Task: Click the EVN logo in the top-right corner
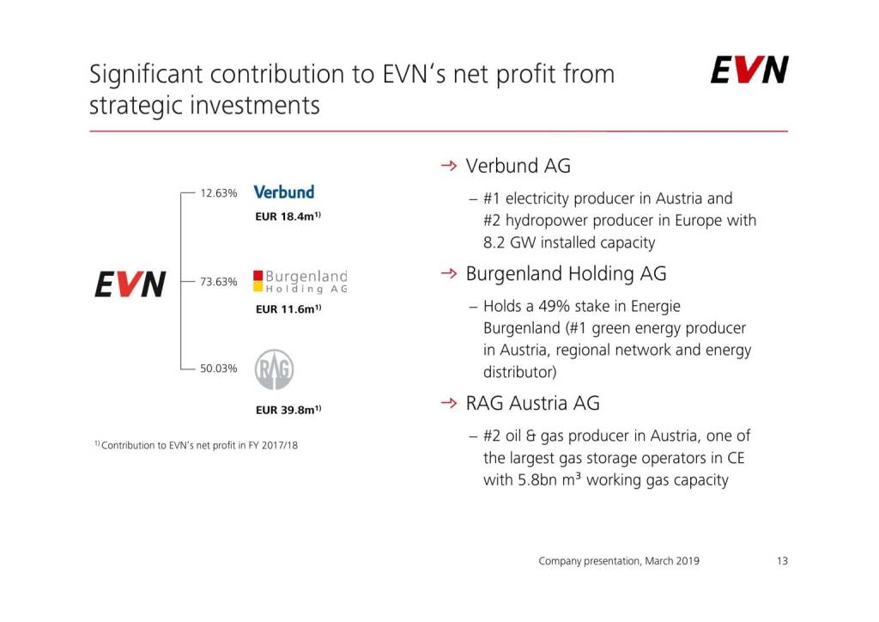point(749,70)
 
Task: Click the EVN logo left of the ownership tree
point(130,284)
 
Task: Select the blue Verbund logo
point(283,192)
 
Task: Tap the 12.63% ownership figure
point(219,193)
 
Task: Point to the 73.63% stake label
point(219,282)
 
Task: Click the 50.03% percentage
point(219,369)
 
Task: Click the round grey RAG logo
point(274,369)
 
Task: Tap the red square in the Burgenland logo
point(258,276)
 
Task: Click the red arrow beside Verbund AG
point(449,166)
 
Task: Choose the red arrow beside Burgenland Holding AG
point(449,273)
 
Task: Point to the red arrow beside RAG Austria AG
point(449,403)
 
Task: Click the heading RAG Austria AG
point(532,403)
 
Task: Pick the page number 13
point(783,561)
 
